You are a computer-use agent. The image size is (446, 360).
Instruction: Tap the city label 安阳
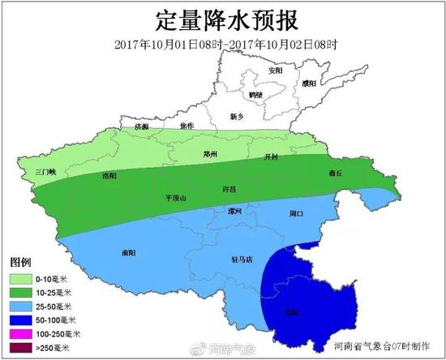(277, 71)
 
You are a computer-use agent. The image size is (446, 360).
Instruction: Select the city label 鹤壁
(278, 95)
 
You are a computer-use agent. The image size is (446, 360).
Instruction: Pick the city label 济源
(142, 127)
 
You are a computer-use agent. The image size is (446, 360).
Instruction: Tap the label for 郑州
(210, 154)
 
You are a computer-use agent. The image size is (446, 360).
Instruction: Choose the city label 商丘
(358, 173)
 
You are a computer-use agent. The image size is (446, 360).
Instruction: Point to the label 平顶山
(175, 197)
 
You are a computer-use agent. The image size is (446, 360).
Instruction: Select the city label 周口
(296, 214)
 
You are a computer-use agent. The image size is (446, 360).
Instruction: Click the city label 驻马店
(243, 259)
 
